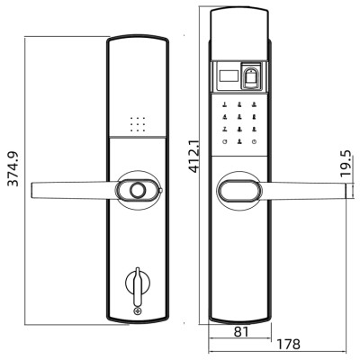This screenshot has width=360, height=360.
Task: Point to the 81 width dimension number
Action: pyautogui.click(x=240, y=332)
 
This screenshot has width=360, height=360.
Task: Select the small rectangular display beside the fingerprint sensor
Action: pyautogui.click(x=229, y=77)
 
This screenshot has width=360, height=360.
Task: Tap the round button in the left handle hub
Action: pyautogui.click(x=138, y=191)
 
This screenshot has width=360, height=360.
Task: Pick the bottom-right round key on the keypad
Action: pyautogui.click(x=255, y=144)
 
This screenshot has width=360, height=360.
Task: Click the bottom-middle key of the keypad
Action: pyautogui.click(x=238, y=144)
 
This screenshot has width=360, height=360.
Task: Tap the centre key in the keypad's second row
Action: pyautogui.click(x=238, y=116)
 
